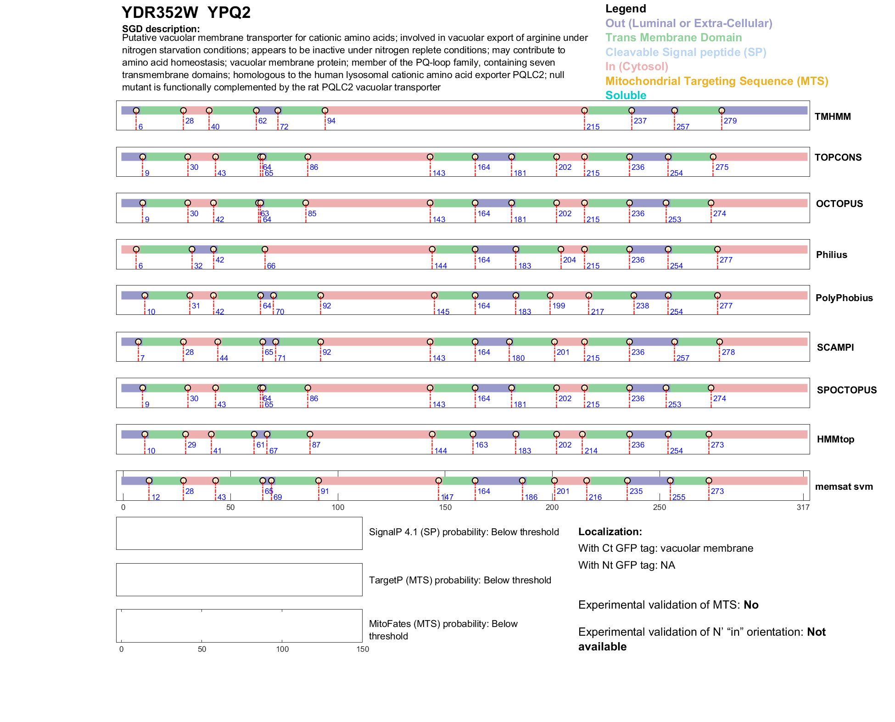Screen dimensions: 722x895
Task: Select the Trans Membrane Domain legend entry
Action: coord(673,38)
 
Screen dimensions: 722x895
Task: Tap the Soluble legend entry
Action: coord(626,95)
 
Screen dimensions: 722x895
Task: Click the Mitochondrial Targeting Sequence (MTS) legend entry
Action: coord(716,81)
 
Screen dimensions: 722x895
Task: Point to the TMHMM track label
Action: coord(833,117)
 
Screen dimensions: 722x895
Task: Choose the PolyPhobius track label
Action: coord(844,298)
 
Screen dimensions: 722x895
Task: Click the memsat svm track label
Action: coord(844,487)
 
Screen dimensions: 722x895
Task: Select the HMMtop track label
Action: coord(835,439)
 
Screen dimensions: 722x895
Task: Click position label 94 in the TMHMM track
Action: coord(331,121)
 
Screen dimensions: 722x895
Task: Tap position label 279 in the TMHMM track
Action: coord(730,121)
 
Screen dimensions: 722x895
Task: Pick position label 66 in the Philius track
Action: coord(271,266)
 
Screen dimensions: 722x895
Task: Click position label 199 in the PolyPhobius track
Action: coord(559,306)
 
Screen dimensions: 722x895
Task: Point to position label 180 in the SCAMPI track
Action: coord(518,358)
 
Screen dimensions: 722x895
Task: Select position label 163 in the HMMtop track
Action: coord(481,445)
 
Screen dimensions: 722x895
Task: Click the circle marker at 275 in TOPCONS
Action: coord(713,157)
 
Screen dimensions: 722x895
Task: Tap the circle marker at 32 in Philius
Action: coord(192,249)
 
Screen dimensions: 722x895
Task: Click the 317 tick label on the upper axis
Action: coord(803,508)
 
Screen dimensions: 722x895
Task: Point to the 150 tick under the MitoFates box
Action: coord(363,649)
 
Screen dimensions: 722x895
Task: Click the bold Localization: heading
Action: coord(610,532)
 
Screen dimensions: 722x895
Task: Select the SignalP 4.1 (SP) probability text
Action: coord(464,532)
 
